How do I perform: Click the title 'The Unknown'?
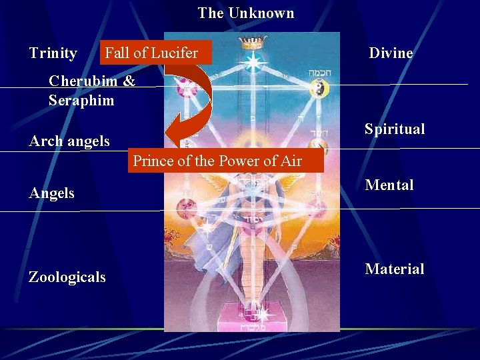245,13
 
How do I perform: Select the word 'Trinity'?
53,53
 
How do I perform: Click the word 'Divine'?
391,53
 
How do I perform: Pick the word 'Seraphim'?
81,101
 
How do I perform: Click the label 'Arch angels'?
69,141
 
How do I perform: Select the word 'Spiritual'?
394,129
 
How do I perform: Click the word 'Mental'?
389,185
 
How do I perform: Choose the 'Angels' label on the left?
52,193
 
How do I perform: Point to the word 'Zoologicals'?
67,277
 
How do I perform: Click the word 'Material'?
394,269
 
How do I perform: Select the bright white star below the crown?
253,63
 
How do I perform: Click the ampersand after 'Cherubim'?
129,81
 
